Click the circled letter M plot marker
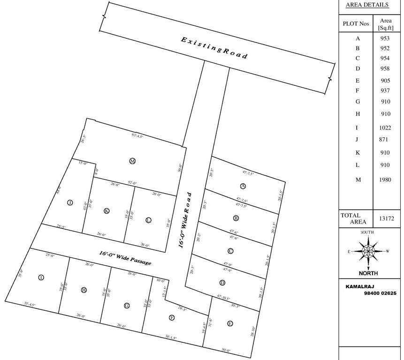click(132, 161)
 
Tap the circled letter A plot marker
click(236, 186)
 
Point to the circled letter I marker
click(41, 277)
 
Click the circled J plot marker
click(69, 202)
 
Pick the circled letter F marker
click(172, 317)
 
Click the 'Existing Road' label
click(214, 47)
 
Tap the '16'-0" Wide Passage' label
click(125, 258)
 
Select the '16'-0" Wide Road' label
click(186, 219)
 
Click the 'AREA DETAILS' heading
click(367, 5)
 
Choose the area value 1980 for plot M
click(386, 180)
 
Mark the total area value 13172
click(386, 218)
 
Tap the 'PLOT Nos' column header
click(356, 23)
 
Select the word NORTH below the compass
click(368, 273)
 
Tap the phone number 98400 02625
click(380, 293)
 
